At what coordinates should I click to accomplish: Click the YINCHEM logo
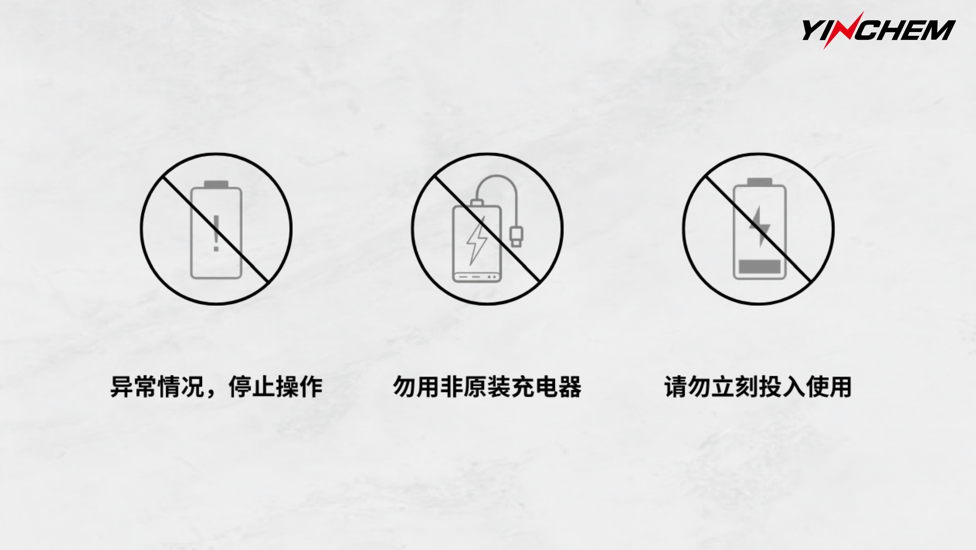[878, 30]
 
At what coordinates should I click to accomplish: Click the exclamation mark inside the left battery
[216, 233]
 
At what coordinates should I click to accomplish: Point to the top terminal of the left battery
[216, 184]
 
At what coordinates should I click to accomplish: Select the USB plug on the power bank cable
[516, 236]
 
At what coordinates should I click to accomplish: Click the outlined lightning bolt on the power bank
[477, 240]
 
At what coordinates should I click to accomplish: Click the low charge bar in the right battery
[760, 266]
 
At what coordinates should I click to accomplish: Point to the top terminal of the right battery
[760, 182]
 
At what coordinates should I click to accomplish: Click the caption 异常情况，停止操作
[216, 387]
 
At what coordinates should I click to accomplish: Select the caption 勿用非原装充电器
[487, 387]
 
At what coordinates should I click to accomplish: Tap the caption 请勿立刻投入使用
[758, 387]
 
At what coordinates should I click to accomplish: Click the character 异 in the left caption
[122, 387]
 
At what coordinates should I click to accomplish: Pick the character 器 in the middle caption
[570, 387]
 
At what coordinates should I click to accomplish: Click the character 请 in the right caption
[675, 387]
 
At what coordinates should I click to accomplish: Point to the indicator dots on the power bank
[492, 277]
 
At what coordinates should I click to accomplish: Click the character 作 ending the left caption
[311, 387]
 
